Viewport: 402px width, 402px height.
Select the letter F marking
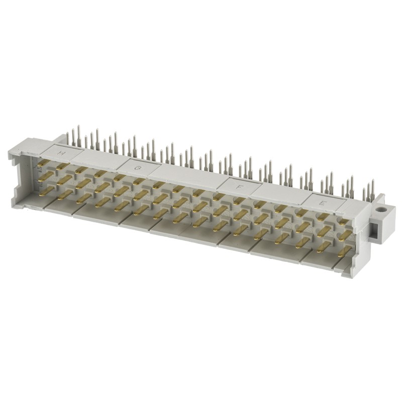click(x=239, y=186)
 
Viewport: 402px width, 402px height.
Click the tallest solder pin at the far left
click(x=78, y=135)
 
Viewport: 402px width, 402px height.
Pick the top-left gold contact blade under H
click(x=43, y=163)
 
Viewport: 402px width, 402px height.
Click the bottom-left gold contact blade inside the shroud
click(x=46, y=190)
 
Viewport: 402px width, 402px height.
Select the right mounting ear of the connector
click(x=381, y=221)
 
